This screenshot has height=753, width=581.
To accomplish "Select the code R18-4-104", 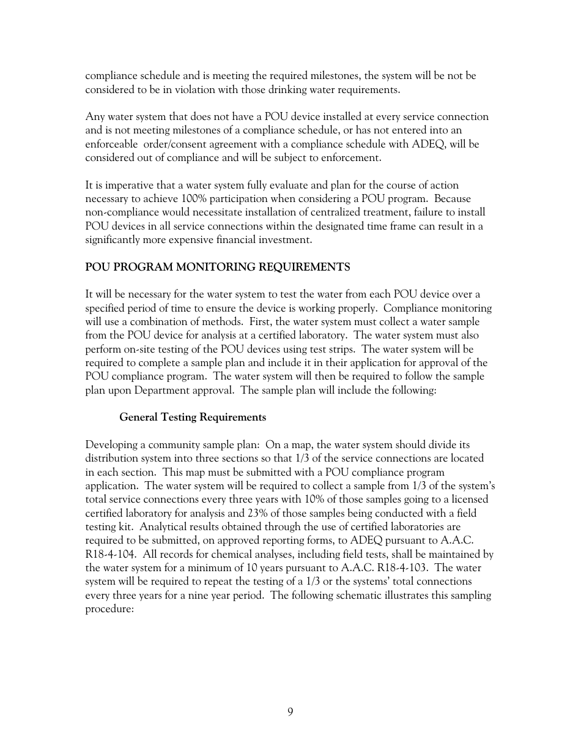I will click(110, 554).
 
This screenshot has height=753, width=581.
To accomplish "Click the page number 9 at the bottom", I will click(290, 711).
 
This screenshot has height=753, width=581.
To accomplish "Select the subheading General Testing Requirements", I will click(193, 417).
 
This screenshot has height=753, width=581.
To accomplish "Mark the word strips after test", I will click(344, 349).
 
